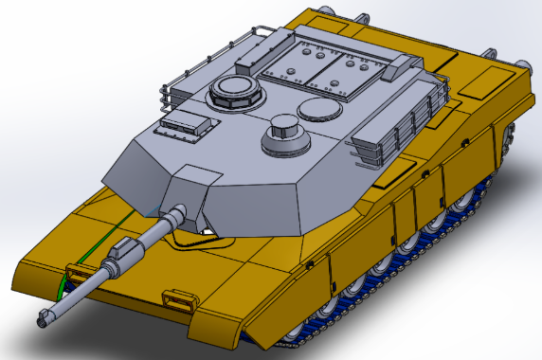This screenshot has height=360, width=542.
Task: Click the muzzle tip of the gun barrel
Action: (45, 316)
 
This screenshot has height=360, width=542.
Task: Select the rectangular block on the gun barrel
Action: (122, 252)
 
